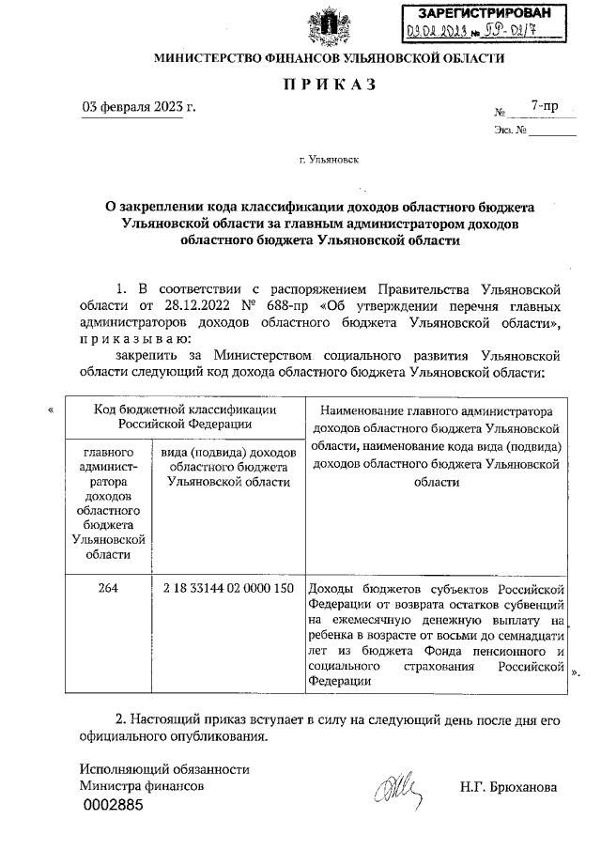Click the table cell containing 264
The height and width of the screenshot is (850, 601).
click(106, 588)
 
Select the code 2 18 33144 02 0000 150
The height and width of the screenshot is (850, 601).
click(228, 588)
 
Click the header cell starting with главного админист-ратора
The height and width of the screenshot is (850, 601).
click(106, 502)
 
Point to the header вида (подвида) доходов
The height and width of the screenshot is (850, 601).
click(228, 466)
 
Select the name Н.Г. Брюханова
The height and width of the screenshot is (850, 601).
click(508, 787)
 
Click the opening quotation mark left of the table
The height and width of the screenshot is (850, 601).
click(51, 409)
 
